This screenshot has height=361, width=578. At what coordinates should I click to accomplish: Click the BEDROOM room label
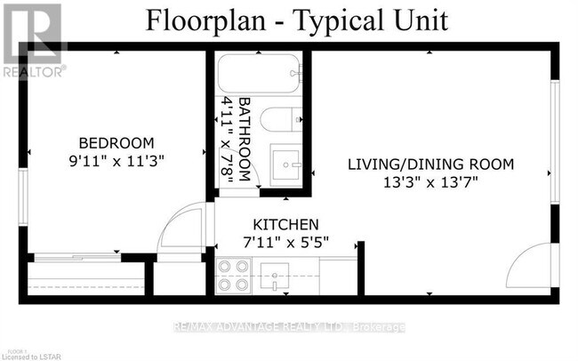click(x=116, y=142)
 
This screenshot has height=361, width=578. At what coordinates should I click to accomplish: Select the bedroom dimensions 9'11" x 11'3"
click(x=116, y=161)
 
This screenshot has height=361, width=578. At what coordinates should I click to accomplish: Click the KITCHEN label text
click(x=286, y=224)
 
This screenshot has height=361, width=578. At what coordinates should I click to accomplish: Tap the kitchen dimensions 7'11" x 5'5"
click(x=286, y=241)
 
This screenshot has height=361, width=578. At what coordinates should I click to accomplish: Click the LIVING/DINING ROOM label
click(x=430, y=164)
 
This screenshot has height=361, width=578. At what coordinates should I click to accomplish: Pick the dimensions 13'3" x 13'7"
click(x=430, y=182)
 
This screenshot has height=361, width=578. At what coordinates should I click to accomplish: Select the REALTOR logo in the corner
click(x=33, y=40)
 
